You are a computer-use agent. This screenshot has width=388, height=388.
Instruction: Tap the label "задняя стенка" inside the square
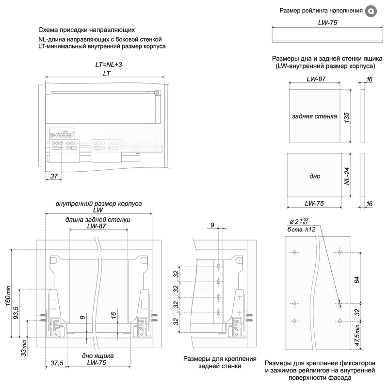point(314,116)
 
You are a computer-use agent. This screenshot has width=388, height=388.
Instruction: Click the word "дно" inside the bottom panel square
point(314,176)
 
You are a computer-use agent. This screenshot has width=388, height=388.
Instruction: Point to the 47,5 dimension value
point(357,337)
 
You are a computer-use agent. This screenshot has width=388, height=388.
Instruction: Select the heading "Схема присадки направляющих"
point(83,30)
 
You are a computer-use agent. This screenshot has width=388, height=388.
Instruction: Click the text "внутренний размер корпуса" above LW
point(98,204)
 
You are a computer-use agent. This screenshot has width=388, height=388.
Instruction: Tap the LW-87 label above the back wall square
point(316,79)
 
